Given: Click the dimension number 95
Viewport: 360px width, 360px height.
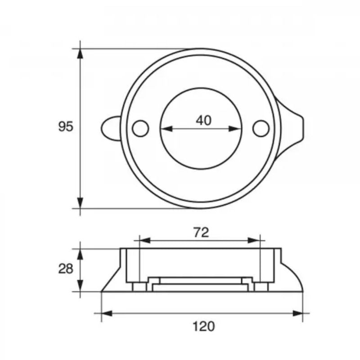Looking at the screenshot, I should (x=65, y=127).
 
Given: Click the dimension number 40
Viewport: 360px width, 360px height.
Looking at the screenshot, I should (x=203, y=120).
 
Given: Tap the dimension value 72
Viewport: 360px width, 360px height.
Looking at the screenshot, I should (x=201, y=232).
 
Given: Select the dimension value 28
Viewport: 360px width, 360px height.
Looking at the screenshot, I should (x=65, y=269).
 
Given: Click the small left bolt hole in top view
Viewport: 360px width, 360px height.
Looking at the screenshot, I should (x=141, y=128).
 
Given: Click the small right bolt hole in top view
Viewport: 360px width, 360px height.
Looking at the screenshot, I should (x=261, y=128).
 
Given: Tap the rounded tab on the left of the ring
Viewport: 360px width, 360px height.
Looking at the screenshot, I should (x=109, y=128).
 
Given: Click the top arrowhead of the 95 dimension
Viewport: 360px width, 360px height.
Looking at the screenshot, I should (x=80, y=53).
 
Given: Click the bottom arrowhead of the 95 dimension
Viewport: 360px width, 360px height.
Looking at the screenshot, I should (x=80, y=203).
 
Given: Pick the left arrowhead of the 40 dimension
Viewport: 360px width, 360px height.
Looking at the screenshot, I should (x=166, y=129).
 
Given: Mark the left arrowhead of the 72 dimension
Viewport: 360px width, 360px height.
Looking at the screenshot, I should (x=144, y=240).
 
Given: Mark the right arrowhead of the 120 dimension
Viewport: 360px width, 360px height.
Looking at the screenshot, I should (x=298, y=313).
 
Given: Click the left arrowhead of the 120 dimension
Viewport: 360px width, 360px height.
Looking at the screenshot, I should (x=106, y=313).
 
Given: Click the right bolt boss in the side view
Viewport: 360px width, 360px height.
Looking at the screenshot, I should (x=261, y=287).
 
